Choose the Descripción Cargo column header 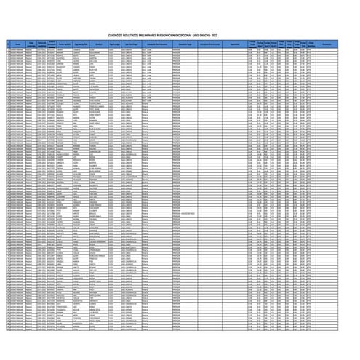click(x=184, y=44)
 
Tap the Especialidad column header click(x=235, y=44)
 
